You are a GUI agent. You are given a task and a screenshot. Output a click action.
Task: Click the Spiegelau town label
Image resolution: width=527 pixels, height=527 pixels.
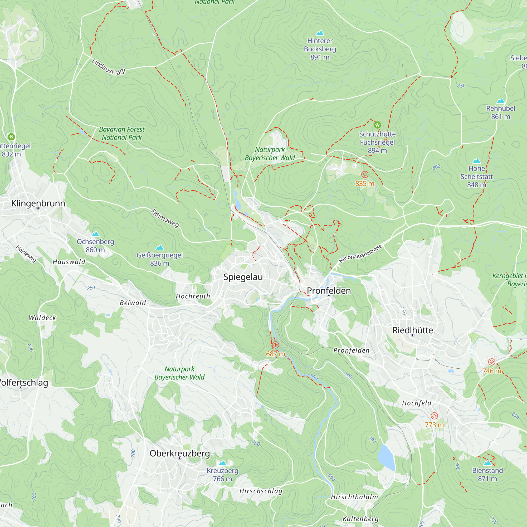pyautogui.click(x=243, y=277)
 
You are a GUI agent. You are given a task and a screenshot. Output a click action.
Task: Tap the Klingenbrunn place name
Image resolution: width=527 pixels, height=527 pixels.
pyautogui.click(x=38, y=203)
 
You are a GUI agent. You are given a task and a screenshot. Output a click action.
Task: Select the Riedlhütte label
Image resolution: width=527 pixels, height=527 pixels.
pyautogui.click(x=413, y=330)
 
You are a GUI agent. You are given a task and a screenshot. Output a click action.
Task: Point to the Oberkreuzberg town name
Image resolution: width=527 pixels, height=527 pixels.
pyautogui.click(x=180, y=453)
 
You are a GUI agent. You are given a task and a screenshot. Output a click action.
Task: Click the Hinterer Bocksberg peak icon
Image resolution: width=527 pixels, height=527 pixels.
pyautogui.click(x=320, y=33)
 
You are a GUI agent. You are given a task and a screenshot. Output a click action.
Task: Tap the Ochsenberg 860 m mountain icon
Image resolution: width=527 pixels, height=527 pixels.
pyautogui.click(x=95, y=234)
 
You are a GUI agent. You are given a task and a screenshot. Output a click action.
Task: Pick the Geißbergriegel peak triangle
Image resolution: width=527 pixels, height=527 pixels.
pyautogui.click(x=160, y=247)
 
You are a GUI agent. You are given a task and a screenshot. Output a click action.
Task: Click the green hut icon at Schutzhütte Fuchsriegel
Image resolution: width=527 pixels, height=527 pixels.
pyautogui.click(x=377, y=125)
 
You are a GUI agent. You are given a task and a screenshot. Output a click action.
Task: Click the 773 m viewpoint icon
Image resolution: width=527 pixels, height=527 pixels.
pyautogui.click(x=434, y=416)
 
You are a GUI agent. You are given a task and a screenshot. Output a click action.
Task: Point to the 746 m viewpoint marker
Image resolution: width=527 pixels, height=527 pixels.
pyautogui.click(x=491, y=362)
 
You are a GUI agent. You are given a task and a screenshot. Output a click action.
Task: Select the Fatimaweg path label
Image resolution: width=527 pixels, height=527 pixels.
pyautogui.click(x=165, y=218)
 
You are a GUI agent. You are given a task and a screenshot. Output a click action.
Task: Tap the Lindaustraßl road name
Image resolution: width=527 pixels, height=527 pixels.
pyautogui.click(x=109, y=67)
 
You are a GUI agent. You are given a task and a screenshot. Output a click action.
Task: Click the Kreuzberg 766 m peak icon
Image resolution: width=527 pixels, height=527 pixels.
pyautogui.click(x=223, y=463)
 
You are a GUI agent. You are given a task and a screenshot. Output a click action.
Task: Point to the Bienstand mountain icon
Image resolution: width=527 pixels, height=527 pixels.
pyautogui.click(x=487, y=463)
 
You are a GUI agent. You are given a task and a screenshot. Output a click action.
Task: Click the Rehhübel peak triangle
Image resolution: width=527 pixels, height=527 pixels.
pyautogui.click(x=501, y=101)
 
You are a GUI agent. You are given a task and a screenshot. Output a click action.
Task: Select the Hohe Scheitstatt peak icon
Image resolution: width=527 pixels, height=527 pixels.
pyautogui.click(x=476, y=161)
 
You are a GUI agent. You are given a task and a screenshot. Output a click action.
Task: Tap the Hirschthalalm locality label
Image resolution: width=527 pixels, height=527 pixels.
pyautogui.click(x=354, y=497)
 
